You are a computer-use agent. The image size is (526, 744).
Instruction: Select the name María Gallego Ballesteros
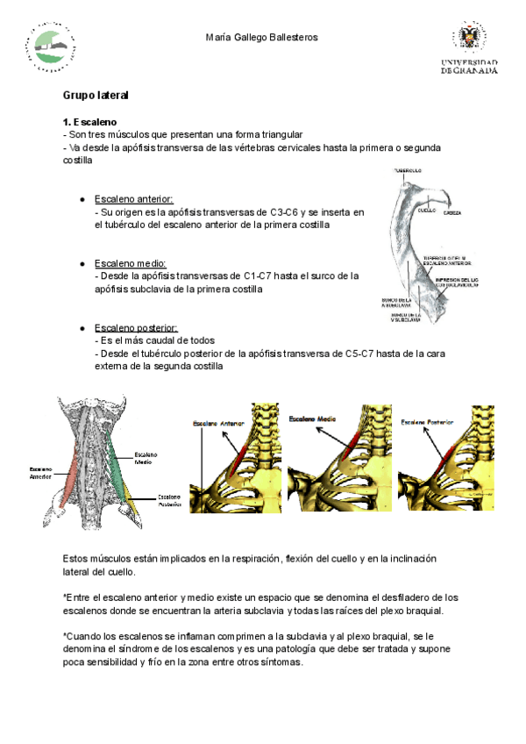pos(261,37)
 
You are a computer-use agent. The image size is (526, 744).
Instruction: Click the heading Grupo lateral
pos(96,95)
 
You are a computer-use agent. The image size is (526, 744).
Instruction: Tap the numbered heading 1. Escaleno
pos(90,121)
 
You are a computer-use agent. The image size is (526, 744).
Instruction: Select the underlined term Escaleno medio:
pos(130,263)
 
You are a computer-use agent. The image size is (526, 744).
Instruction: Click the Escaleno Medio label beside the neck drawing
pos(146,458)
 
